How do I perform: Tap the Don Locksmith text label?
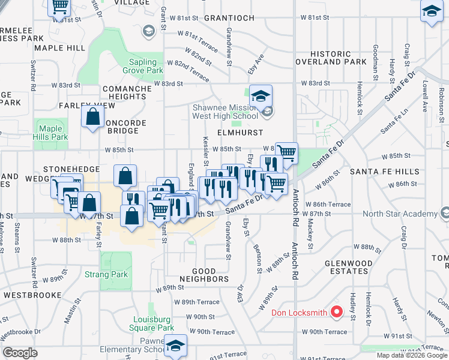pos(300,312)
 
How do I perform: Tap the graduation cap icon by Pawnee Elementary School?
pos(175,346)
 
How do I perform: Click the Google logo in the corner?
pos(20,353)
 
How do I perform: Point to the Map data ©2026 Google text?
pos(412,355)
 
